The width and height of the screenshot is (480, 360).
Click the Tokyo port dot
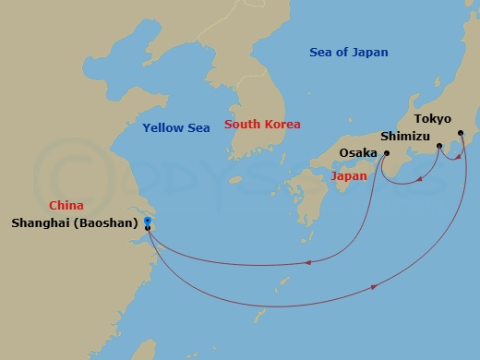point(462,132)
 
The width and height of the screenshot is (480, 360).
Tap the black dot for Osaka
point(386,153)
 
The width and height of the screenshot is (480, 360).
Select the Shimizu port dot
point(439,146)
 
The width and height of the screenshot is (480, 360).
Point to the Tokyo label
point(433,118)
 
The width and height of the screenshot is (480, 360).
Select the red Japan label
point(349,175)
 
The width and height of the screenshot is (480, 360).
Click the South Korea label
point(263,125)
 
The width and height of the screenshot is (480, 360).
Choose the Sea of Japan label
point(349,53)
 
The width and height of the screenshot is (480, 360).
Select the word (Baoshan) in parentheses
point(110,222)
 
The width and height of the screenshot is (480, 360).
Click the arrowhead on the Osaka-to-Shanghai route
point(306,264)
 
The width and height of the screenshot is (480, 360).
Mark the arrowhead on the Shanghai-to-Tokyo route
point(374,288)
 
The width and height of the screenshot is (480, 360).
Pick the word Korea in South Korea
point(282,125)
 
